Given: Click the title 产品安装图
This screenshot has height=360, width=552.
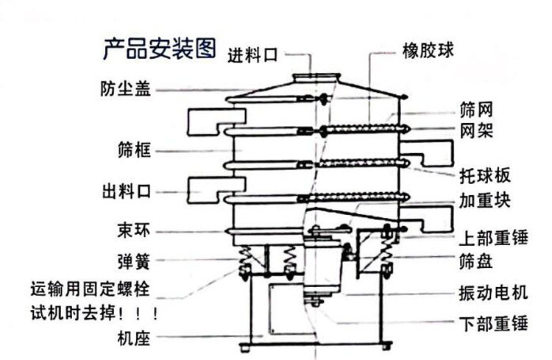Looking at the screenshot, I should (x=159, y=49).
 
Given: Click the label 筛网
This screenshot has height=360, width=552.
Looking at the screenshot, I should (x=475, y=111).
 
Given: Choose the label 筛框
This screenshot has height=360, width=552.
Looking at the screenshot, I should (x=134, y=151).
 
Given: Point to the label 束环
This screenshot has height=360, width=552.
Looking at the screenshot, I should (x=133, y=230).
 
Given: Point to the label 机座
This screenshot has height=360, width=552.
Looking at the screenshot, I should (x=133, y=339).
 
